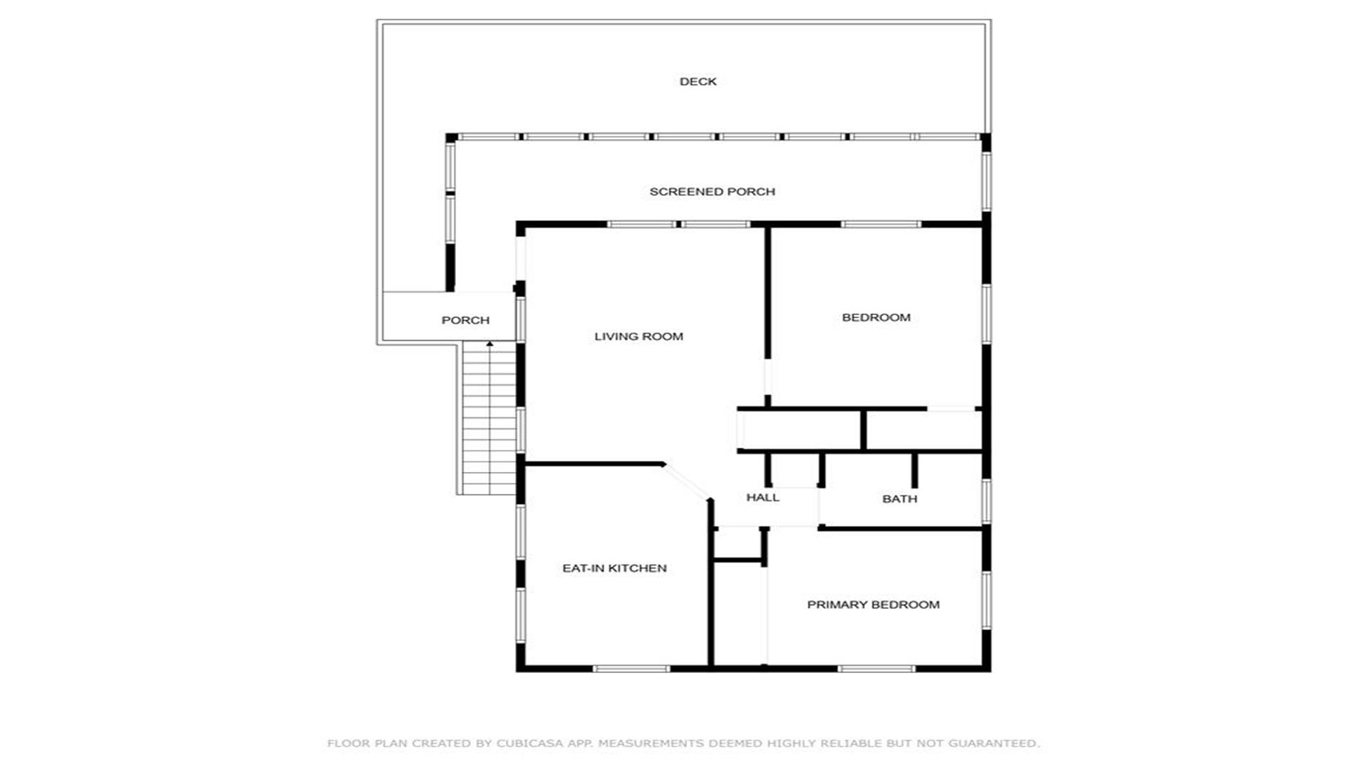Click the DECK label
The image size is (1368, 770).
698,81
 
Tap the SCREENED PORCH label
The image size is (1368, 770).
712,191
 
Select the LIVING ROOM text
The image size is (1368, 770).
638,337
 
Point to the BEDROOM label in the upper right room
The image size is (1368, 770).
876,317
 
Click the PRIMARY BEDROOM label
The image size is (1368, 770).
873,605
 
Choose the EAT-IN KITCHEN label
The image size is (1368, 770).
614,568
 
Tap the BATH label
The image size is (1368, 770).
899,499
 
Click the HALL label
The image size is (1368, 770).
762,498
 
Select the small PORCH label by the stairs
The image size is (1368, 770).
465,320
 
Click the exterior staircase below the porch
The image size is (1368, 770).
488,419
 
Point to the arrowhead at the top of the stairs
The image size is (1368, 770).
489,344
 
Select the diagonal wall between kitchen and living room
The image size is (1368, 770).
687,481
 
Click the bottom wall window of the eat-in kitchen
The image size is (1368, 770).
631,669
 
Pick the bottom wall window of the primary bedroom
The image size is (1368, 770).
876,669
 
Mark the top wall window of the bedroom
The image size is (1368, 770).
881,225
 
